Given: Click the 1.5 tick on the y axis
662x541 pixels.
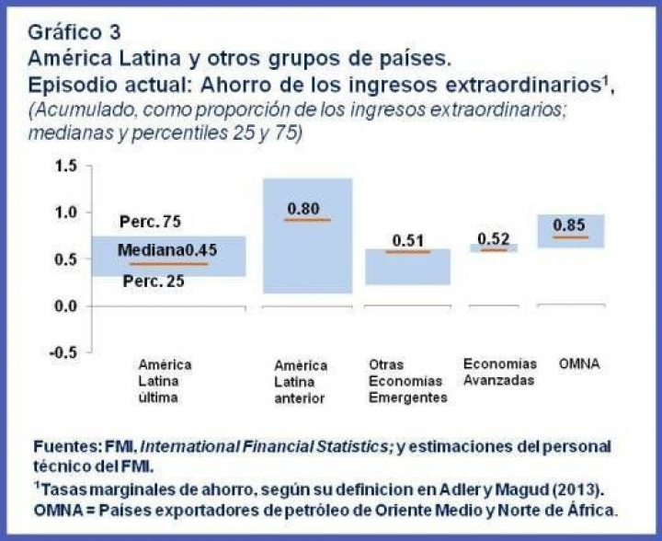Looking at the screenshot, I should click(x=63, y=166).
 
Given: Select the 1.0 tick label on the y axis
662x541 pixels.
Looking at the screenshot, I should click(x=63, y=213).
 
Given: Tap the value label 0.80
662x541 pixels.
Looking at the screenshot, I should click(x=303, y=209).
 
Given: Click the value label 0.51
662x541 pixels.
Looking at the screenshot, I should click(x=407, y=240).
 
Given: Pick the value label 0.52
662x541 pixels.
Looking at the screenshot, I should click(x=494, y=239).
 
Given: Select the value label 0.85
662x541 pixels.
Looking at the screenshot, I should click(x=571, y=224).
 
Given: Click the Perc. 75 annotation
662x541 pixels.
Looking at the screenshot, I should click(x=151, y=224).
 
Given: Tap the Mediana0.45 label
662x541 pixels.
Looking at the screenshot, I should click(x=167, y=251).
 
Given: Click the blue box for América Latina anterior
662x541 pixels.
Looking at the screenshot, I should click(x=307, y=267).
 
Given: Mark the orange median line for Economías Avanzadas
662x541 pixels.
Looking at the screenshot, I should click(x=494, y=249).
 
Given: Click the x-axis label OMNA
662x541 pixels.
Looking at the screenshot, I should click(x=579, y=364).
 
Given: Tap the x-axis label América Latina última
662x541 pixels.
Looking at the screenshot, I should click(x=165, y=381).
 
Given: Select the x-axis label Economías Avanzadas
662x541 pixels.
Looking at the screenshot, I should click(x=498, y=372).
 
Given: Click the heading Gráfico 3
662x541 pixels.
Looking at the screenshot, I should click(x=74, y=33).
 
